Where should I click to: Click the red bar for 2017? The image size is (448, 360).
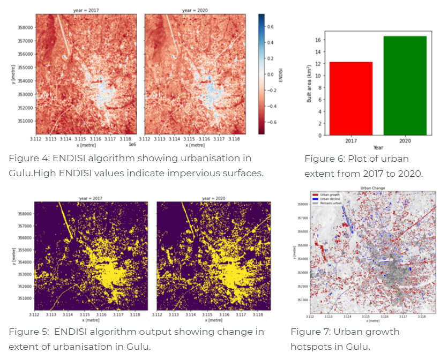[351, 99]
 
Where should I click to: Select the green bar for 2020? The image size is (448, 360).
[405, 86]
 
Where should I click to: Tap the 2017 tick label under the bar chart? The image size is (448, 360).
[351, 141]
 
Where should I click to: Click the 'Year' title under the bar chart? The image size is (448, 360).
[378, 147]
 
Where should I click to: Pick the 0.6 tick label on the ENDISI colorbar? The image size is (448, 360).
[271, 25]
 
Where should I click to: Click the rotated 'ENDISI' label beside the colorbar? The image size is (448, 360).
[280, 74]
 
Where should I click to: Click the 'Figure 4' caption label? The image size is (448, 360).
[27, 159]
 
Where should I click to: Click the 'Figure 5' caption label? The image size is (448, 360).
[27, 332]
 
